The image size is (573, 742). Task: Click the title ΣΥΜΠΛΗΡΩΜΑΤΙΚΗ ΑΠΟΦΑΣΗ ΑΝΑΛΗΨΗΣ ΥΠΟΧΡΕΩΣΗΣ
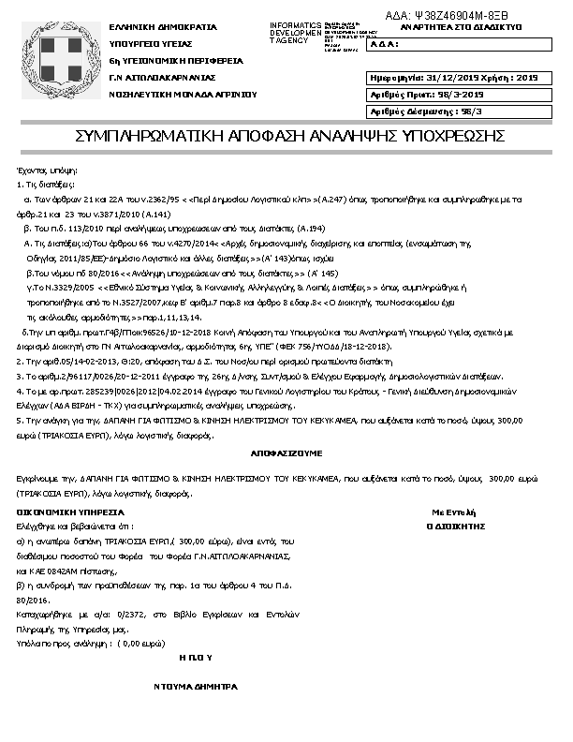coord(290,137)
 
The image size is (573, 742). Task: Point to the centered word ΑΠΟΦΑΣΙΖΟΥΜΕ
coord(286,452)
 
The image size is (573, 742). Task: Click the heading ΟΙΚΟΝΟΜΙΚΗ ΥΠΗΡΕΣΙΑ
coord(71,513)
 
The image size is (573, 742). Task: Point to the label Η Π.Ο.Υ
coord(196,659)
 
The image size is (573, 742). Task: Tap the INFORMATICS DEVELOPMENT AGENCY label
coord(295,33)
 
